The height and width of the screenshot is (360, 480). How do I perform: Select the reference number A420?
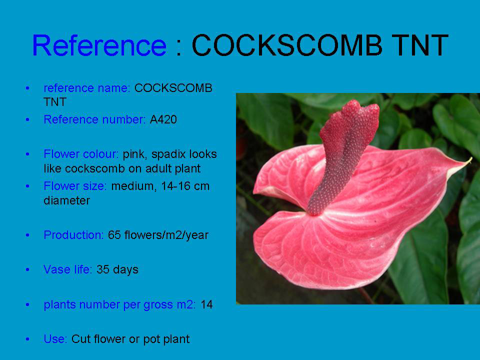(163, 119)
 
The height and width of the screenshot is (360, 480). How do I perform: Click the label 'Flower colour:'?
(81, 154)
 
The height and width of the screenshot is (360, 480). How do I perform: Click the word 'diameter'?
(66, 200)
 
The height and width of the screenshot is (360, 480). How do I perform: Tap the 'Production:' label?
(74, 235)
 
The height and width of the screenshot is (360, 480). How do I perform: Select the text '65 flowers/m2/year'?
(158, 235)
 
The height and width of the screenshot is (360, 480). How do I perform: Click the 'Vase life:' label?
(68, 269)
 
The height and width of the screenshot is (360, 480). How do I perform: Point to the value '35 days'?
(117, 269)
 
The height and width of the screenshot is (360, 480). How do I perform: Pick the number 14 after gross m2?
(206, 304)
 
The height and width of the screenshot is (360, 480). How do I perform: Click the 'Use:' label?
(55, 339)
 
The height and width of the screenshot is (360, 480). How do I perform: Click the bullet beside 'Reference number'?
(27, 119)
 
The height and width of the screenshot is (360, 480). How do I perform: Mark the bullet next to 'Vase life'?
(27, 269)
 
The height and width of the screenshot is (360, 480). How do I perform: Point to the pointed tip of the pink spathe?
(471, 158)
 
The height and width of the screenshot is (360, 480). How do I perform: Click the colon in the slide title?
(179, 47)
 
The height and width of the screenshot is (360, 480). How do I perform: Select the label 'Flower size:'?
(75, 186)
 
